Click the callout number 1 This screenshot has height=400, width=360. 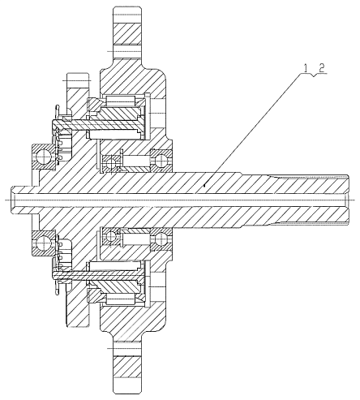[306, 68]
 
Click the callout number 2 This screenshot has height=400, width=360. [321, 68]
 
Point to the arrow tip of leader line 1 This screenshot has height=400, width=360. [204, 186]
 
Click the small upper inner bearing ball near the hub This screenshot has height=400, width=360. [110, 163]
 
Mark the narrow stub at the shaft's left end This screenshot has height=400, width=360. [22, 200]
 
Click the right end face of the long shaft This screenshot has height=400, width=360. [349, 200]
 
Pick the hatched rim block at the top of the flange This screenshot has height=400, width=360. [127, 35]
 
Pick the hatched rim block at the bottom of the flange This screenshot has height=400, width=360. [127, 366]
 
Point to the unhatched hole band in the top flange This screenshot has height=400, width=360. [127, 51]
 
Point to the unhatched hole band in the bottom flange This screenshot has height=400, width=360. [127, 349]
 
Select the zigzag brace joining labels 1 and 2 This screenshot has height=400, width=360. [314, 75]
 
